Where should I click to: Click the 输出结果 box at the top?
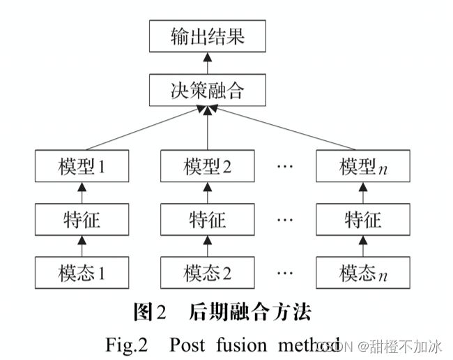pyautogui.click(x=208, y=36)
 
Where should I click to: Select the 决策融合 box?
pyautogui.click(x=208, y=90)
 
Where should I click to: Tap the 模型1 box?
pyautogui.click(x=82, y=167)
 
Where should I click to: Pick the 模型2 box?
pyautogui.click(x=208, y=167)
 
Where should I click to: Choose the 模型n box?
pyautogui.click(x=362, y=167)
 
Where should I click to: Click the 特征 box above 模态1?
pyautogui.click(x=82, y=220)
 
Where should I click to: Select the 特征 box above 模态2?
pyautogui.click(x=208, y=220)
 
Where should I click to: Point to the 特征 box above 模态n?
pyautogui.click(x=362, y=220)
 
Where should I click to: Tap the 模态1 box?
pyautogui.click(x=82, y=273)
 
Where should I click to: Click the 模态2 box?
pyautogui.click(x=208, y=273)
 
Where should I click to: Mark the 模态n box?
pyautogui.click(x=362, y=273)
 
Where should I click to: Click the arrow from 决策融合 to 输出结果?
pyautogui.click(x=208, y=63)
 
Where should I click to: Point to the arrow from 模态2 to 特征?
pyautogui.click(x=208, y=246)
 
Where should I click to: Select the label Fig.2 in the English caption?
pyautogui.click(x=126, y=343)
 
